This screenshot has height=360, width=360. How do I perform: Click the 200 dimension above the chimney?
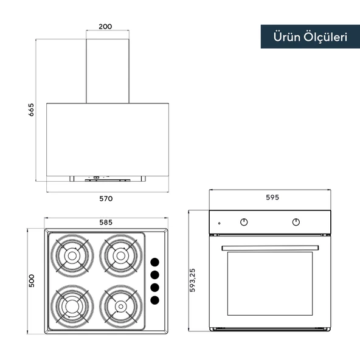[x=105, y=27]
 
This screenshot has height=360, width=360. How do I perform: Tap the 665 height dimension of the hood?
[x=31, y=109]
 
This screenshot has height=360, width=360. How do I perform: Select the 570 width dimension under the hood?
[x=106, y=199]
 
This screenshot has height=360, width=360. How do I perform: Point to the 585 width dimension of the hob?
[x=106, y=222]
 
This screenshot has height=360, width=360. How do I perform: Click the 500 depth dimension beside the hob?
[x=32, y=280]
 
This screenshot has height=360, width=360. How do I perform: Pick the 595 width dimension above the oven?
[x=272, y=198]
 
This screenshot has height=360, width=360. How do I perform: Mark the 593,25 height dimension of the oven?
[x=192, y=280]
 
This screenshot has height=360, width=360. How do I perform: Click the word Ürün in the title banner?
[x=287, y=36]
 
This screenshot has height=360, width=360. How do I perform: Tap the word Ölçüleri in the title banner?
[x=325, y=37]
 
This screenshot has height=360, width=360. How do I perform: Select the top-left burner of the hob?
[x=72, y=255]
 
